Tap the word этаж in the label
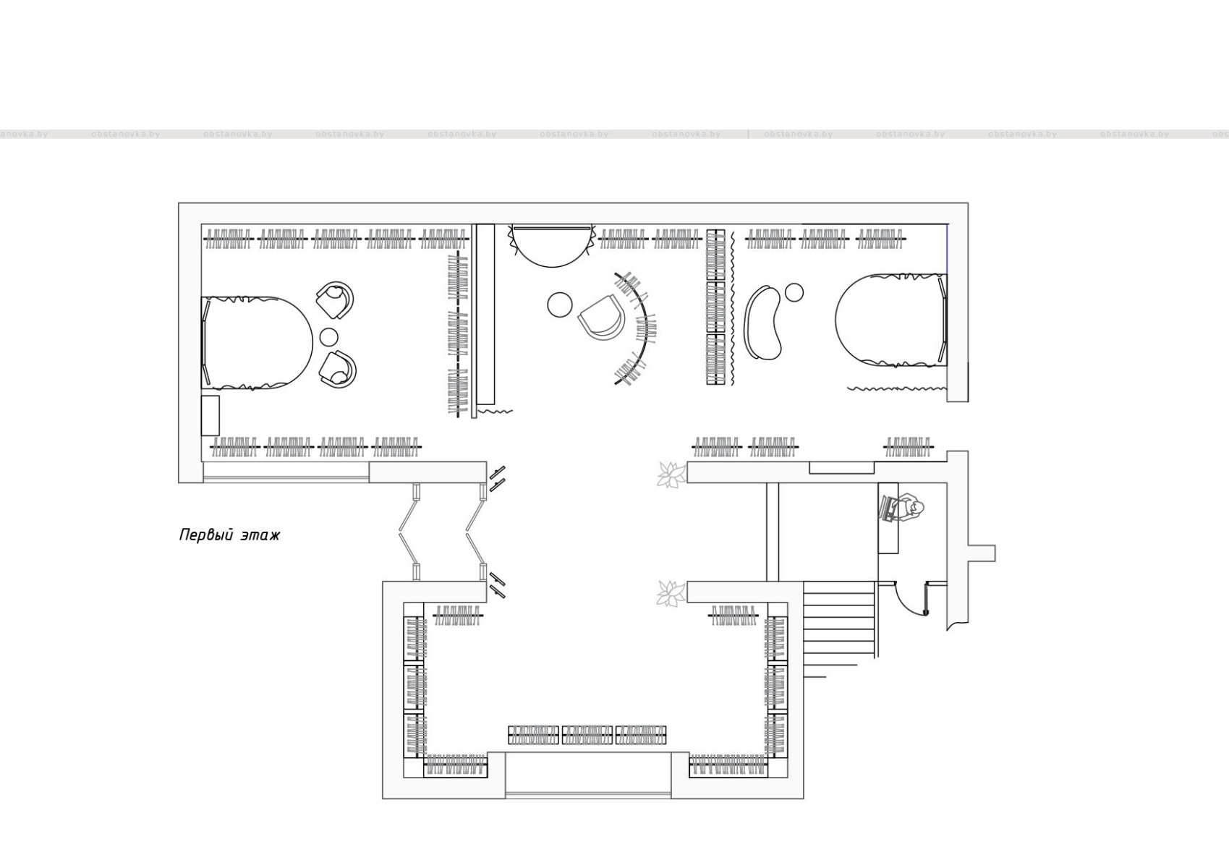point(260,536)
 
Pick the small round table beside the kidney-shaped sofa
point(794,292)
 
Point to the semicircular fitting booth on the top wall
point(552,244)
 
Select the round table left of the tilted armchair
point(560,305)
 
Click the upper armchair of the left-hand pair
point(335,300)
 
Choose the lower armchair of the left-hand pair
point(337,367)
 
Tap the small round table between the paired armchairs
point(329,337)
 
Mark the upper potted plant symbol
point(671,474)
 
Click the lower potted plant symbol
point(671,594)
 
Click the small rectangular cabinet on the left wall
point(210,415)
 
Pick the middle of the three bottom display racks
point(587,735)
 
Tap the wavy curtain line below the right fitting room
point(897,388)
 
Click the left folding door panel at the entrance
point(409,531)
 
